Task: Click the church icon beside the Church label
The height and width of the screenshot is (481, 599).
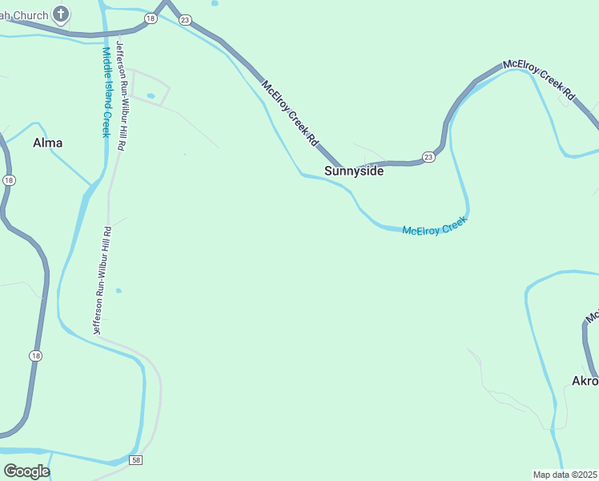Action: point(61,14)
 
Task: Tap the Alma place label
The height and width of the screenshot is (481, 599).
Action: point(47,143)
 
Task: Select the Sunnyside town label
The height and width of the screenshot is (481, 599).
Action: point(354,171)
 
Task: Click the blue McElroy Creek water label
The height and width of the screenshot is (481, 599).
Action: point(433,228)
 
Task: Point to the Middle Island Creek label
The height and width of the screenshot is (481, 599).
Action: point(106,92)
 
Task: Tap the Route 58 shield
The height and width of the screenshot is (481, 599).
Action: point(137,459)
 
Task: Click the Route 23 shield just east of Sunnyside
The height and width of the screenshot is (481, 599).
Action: point(428,156)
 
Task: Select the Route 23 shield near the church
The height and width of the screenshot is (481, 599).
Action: point(185,19)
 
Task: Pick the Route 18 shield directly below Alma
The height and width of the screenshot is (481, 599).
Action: point(9,180)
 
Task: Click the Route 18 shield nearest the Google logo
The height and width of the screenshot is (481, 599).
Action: point(35,355)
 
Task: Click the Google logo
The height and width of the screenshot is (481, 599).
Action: point(26,471)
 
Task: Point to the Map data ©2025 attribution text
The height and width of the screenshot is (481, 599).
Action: point(565,475)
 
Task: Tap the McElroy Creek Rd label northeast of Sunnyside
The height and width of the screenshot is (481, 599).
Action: point(539,80)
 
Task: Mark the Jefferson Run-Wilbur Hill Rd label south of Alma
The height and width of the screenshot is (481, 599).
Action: point(102,280)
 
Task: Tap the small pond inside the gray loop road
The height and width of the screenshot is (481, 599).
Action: point(151,96)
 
